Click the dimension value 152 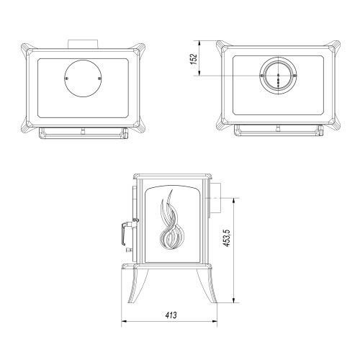194,58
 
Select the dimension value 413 171,315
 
